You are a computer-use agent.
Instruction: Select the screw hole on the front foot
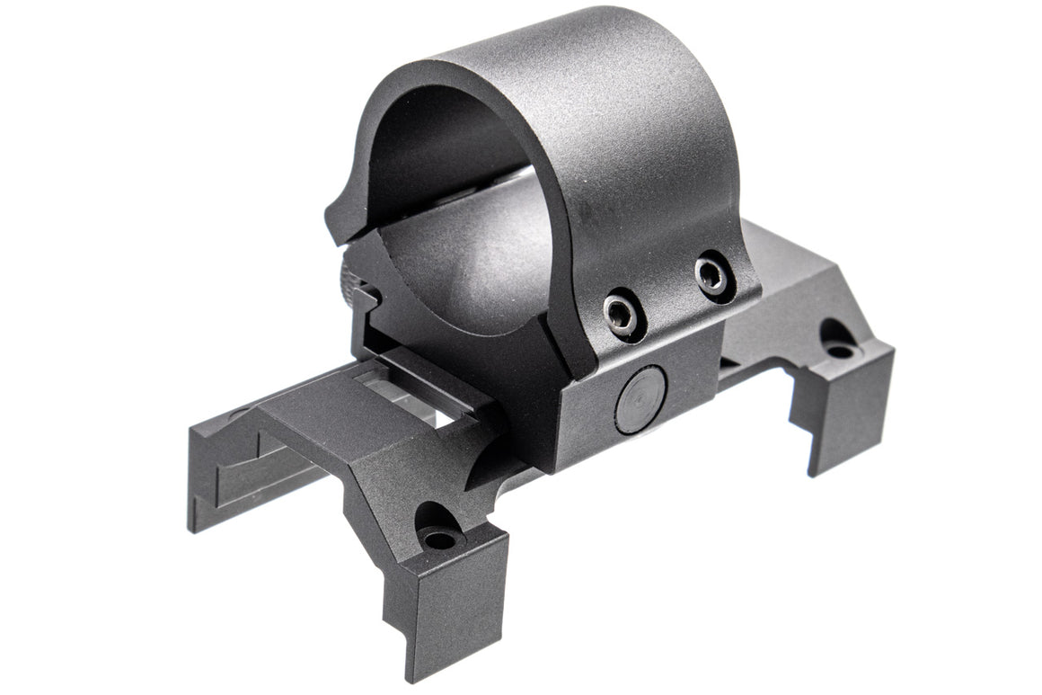pyautogui.click(x=439, y=537)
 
